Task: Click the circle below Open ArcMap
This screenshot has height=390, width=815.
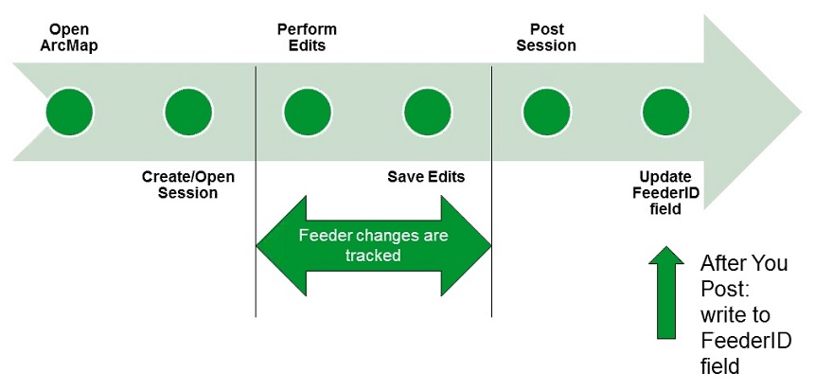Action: point(69,111)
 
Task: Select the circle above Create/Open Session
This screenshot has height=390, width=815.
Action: point(188,111)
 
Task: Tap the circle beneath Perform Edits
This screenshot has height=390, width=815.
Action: point(308,111)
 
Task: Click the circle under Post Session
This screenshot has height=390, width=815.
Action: point(546,111)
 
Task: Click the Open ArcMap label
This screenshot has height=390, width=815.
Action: point(69,37)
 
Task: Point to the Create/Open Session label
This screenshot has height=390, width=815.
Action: point(187,185)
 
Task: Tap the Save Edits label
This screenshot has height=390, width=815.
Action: point(426,177)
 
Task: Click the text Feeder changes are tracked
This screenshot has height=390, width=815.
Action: point(372,245)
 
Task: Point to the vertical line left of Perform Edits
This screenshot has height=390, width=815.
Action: point(256,189)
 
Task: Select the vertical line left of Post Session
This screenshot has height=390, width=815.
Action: point(491,189)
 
